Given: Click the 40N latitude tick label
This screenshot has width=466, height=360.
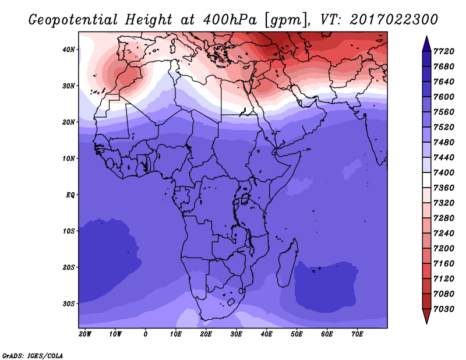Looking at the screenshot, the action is (69, 50).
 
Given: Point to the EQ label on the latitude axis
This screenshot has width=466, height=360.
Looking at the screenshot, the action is (70, 195).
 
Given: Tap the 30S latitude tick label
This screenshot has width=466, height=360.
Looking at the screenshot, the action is (69, 303).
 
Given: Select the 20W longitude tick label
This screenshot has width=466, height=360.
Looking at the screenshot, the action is (85, 334).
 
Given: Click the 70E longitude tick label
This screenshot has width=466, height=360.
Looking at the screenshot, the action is (357, 334).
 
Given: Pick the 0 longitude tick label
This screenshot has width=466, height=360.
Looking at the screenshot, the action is (145, 334).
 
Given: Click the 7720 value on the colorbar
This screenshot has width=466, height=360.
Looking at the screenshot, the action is (444, 51).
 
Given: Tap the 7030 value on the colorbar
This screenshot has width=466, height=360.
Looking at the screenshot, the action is (444, 309).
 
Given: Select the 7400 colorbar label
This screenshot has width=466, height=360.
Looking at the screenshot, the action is (444, 172).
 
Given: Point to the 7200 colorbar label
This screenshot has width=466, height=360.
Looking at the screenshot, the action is (444, 249).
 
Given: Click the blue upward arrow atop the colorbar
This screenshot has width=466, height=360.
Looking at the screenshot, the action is (426, 44).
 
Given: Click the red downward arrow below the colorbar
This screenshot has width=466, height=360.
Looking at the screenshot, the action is (426, 316).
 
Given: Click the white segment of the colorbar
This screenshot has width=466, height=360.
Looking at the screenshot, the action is (426, 180).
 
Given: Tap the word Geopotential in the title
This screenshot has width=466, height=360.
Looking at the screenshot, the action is (73, 20).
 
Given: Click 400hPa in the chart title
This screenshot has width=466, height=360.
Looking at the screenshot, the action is (230, 20).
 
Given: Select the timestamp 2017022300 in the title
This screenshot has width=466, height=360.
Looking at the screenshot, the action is (394, 20).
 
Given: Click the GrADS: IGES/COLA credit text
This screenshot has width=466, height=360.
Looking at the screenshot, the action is (33, 356).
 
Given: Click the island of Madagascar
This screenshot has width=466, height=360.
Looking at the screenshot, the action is (288, 264).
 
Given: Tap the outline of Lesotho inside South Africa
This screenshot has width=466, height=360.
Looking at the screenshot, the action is (231, 303).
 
